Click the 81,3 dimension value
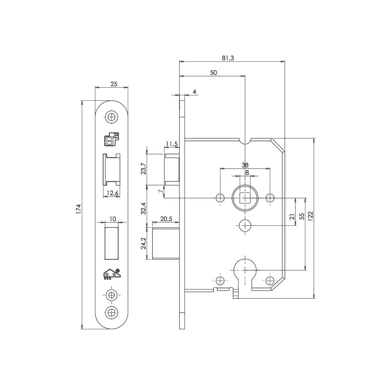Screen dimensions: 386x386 click(228, 58)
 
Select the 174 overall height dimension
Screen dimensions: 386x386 click(78, 209)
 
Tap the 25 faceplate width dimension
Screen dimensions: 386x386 click(114, 84)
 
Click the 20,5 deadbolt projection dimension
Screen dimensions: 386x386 click(166, 219)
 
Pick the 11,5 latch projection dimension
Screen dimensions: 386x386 click(172, 144)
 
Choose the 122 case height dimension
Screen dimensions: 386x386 click(310, 216)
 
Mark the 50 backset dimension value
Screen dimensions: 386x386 click(213, 73)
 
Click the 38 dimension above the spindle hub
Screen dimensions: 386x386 click(245, 165)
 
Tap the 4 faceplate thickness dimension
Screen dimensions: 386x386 click(195, 92)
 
